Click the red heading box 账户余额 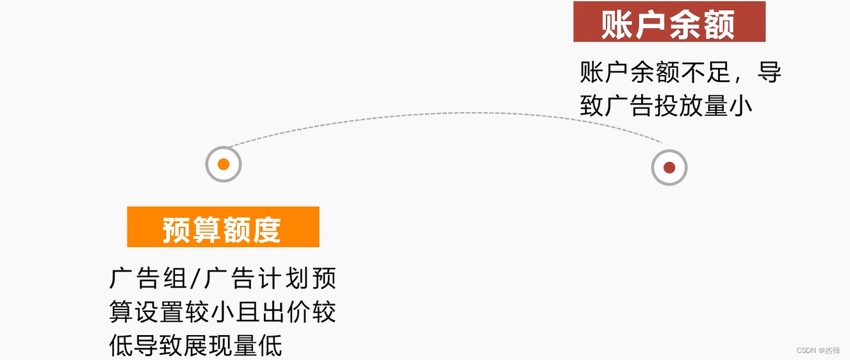[x=669, y=22]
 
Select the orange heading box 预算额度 [x=223, y=227]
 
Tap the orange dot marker [x=224, y=164]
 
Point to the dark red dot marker [x=669, y=168]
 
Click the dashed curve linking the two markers [x=448, y=113]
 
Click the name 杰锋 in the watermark [x=833, y=350]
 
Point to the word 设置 [x=160, y=313]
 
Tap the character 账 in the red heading [x=617, y=25]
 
